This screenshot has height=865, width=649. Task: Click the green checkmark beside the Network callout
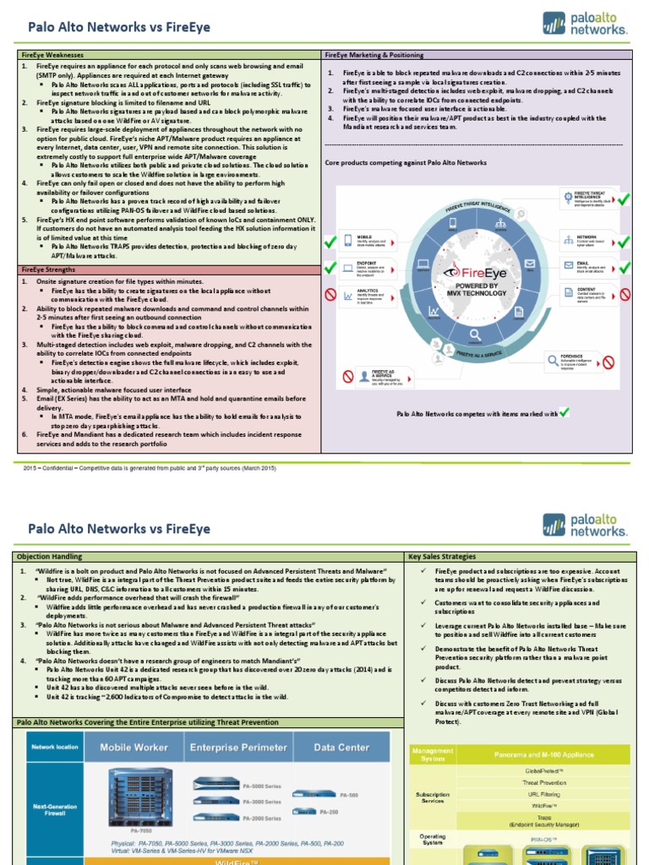(624, 242)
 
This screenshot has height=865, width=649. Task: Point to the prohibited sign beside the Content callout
(624, 295)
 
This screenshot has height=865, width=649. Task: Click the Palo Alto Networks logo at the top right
(586, 24)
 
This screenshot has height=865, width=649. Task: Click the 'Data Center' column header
(341, 747)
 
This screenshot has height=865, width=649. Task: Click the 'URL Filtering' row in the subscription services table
(545, 795)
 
